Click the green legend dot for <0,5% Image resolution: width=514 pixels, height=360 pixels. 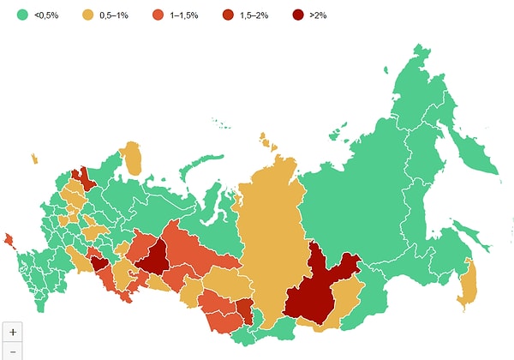(21, 14)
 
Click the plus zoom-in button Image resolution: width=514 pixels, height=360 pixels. (12, 332)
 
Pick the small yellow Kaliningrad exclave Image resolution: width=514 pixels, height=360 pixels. (33, 159)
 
